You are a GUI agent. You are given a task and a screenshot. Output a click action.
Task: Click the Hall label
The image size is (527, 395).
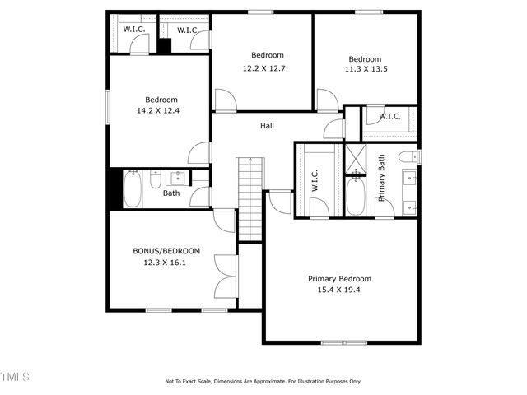coord(267,126)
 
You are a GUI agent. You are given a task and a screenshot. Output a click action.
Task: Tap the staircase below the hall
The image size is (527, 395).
coord(249,197)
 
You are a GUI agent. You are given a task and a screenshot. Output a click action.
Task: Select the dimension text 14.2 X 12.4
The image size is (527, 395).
coord(161,109)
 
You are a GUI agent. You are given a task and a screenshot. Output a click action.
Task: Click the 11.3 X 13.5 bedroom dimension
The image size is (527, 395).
coord(364,69)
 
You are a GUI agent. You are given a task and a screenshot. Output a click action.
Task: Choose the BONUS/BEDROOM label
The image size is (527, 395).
coord(166,251)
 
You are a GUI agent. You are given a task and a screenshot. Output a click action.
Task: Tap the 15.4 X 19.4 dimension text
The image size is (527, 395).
coord(339,290)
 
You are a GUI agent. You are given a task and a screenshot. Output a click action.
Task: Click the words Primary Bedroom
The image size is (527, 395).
coord(339,279)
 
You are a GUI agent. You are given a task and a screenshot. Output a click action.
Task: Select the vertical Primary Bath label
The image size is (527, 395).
coord(381,178)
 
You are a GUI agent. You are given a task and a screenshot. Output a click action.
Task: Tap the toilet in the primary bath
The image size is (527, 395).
coord(407,156)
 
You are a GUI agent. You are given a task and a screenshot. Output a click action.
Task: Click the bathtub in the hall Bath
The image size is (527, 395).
coord(133,188)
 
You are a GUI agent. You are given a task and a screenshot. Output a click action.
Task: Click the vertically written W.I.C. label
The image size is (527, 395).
coord(315,181)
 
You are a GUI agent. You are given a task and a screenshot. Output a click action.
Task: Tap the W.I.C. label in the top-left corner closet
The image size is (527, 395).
coord(134,30)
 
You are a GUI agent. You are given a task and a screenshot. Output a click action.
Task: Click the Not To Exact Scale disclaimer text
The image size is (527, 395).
coord(263,381)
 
